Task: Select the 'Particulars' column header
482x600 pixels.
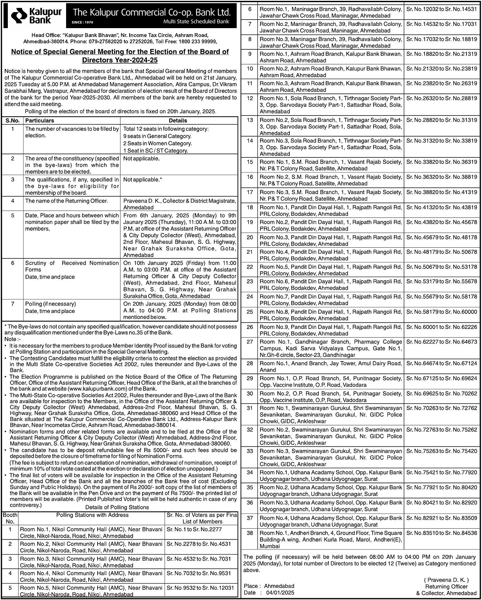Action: pos(40,121)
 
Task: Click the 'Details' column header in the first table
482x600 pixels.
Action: pos(178,121)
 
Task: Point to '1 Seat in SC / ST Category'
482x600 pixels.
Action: pos(155,151)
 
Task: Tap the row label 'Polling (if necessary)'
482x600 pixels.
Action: pos(50,304)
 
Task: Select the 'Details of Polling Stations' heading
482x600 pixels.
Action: pos(117,507)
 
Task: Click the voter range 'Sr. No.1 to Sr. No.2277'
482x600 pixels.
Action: pos(194,529)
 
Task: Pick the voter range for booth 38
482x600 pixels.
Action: pos(441,533)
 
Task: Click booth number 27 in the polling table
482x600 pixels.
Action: pos(250,342)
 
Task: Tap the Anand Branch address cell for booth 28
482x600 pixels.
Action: pos(330,367)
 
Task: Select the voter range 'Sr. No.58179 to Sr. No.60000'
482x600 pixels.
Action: pos(441,312)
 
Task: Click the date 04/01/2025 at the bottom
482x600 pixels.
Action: pos(280,593)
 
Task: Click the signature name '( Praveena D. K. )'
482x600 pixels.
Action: pos(446,580)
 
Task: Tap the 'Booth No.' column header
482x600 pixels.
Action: pos(10,518)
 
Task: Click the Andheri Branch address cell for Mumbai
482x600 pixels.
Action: pos(330,539)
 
